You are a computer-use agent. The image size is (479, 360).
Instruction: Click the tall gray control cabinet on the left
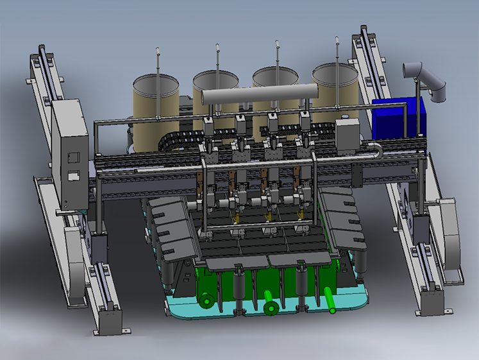coord(70,154)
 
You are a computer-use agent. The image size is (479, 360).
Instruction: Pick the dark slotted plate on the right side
coord(344,218)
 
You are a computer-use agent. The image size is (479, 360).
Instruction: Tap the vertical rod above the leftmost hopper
coord(158,61)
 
